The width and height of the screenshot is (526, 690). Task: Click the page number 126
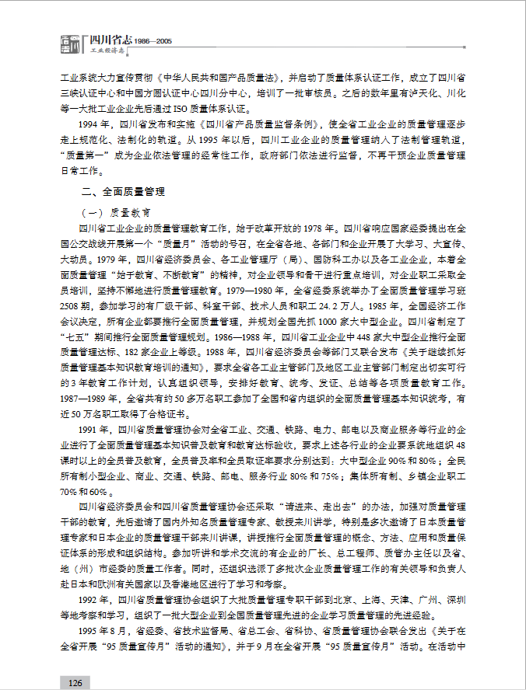coord(75,681)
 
